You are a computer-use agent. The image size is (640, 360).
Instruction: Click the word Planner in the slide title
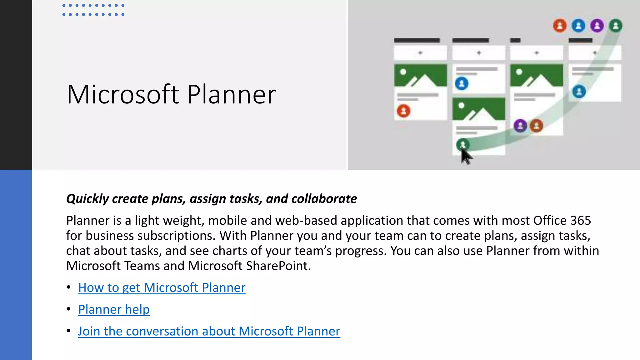click(x=232, y=94)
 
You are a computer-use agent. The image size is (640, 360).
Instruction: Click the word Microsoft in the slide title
click(x=123, y=94)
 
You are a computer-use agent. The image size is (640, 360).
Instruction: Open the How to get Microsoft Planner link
click(x=162, y=287)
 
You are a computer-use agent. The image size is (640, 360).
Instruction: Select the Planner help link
click(x=114, y=309)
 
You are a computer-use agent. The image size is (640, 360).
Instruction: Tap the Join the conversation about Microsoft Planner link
click(x=209, y=331)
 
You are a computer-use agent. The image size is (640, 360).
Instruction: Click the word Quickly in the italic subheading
click(x=87, y=199)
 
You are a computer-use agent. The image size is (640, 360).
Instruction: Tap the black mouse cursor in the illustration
click(x=466, y=156)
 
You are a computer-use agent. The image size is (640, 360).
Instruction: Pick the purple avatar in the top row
click(x=597, y=26)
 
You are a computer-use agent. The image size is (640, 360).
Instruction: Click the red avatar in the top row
click(x=560, y=26)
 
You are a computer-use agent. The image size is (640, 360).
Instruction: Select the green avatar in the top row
click(x=616, y=26)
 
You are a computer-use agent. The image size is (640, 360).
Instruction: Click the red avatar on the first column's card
click(x=403, y=111)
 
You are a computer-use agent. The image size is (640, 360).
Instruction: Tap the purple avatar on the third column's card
click(x=520, y=126)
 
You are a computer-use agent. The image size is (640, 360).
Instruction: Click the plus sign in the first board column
click(x=420, y=53)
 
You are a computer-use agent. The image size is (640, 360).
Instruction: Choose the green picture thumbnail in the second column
click(x=478, y=109)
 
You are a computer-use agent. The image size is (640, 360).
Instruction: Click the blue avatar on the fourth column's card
click(x=579, y=92)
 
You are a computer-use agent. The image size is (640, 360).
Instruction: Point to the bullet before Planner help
click(x=69, y=309)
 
